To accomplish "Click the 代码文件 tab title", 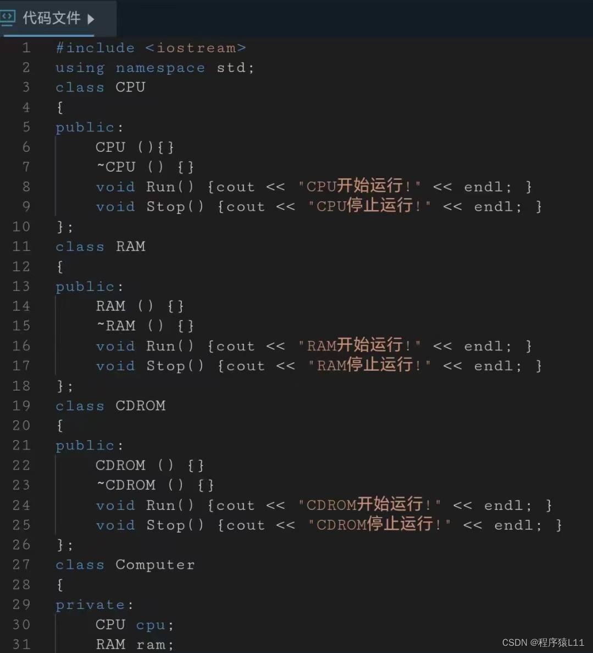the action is pyautogui.click(x=51, y=18).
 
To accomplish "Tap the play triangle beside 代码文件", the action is pyautogui.click(x=91, y=19).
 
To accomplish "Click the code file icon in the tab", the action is pyautogui.click(x=8, y=18).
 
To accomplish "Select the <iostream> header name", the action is pyautogui.click(x=196, y=48).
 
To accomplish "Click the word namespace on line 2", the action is pyautogui.click(x=160, y=68).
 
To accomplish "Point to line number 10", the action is pyautogui.click(x=21, y=227).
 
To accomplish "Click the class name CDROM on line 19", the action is pyautogui.click(x=140, y=405).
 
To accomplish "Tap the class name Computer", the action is pyautogui.click(x=155, y=565).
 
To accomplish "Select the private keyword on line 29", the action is pyautogui.click(x=90, y=605).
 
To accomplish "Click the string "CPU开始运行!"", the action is pyautogui.click(x=359, y=186).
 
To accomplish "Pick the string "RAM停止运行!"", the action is pyautogui.click(x=369, y=365).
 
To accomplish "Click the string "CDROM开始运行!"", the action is pyautogui.click(x=369, y=505).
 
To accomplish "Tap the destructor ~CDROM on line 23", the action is pyautogui.click(x=126, y=485).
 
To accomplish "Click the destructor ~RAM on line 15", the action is pyautogui.click(x=116, y=326).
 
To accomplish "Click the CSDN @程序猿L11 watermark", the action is pyautogui.click(x=543, y=643).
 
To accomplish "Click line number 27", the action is pyautogui.click(x=21, y=565).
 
